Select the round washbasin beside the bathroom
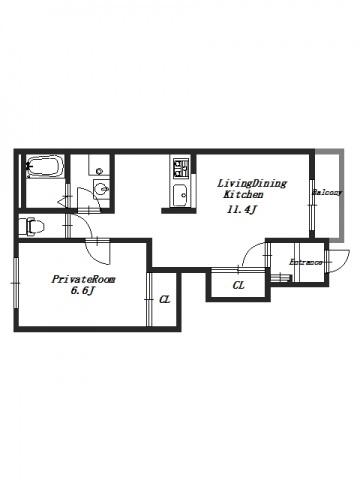pos(100,190)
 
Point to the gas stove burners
pos(181,168)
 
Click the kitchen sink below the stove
pos(181,195)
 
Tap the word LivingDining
pos(252,183)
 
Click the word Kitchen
pos(243,194)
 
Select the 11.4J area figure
pos(241,209)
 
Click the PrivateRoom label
pos(83,279)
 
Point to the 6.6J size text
pos(83,291)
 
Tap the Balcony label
pos(327,192)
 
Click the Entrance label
pos(306,262)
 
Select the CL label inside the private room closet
pos(165,299)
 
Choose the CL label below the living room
pos(239,285)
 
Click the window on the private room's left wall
pos(16,283)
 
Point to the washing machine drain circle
pos(99,171)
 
